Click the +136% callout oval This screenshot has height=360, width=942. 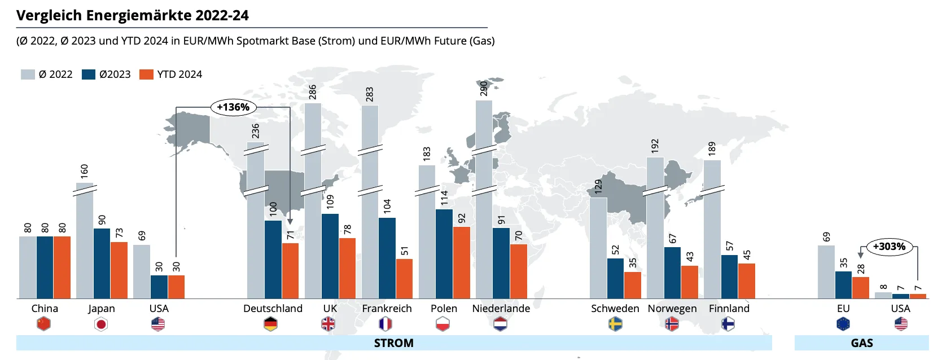[234, 107]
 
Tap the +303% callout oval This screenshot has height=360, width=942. [889, 247]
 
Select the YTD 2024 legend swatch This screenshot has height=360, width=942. [146, 74]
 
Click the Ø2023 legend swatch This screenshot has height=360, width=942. [89, 74]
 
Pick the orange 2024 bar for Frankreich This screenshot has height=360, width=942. [404, 279]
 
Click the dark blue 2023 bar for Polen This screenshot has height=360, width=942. [444, 254]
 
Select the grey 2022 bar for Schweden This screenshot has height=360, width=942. [598, 248]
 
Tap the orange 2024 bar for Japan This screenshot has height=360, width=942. [119, 270]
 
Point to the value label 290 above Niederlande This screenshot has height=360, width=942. [484, 89]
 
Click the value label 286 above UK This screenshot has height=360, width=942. [313, 92]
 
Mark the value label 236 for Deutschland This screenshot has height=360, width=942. [255, 131]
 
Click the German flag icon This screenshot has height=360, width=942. [271, 324]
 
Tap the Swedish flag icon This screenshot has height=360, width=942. [615, 324]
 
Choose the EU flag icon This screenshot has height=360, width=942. [843, 324]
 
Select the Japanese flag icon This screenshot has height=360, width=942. [101, 324]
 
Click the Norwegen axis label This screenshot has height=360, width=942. [672, 309]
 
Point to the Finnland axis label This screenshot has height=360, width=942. [729, 308]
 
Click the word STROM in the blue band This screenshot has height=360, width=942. [393, 343]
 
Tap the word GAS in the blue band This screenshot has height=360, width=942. [862, 343]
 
